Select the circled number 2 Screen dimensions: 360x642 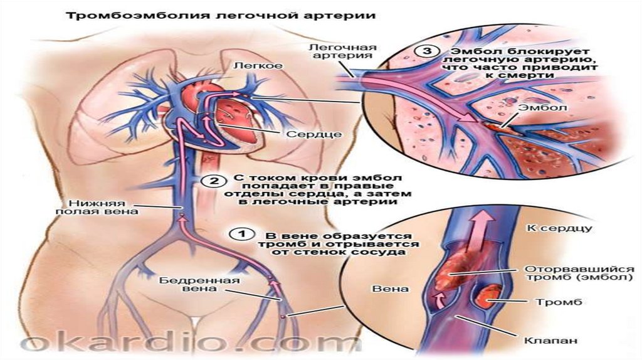coord(214,181)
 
